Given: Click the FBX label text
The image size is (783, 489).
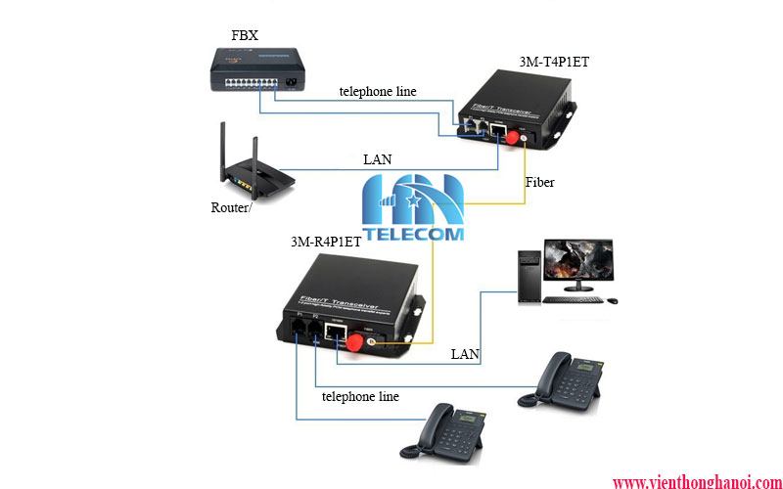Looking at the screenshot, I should coord(246,35).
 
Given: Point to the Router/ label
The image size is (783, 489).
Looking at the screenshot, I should coord(231,207).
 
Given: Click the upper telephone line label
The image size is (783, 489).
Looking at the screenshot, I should coord(378,92).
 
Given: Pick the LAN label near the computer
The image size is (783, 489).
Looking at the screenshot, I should coord(465,354).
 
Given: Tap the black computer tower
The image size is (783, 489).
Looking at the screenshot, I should coord(529,277).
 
